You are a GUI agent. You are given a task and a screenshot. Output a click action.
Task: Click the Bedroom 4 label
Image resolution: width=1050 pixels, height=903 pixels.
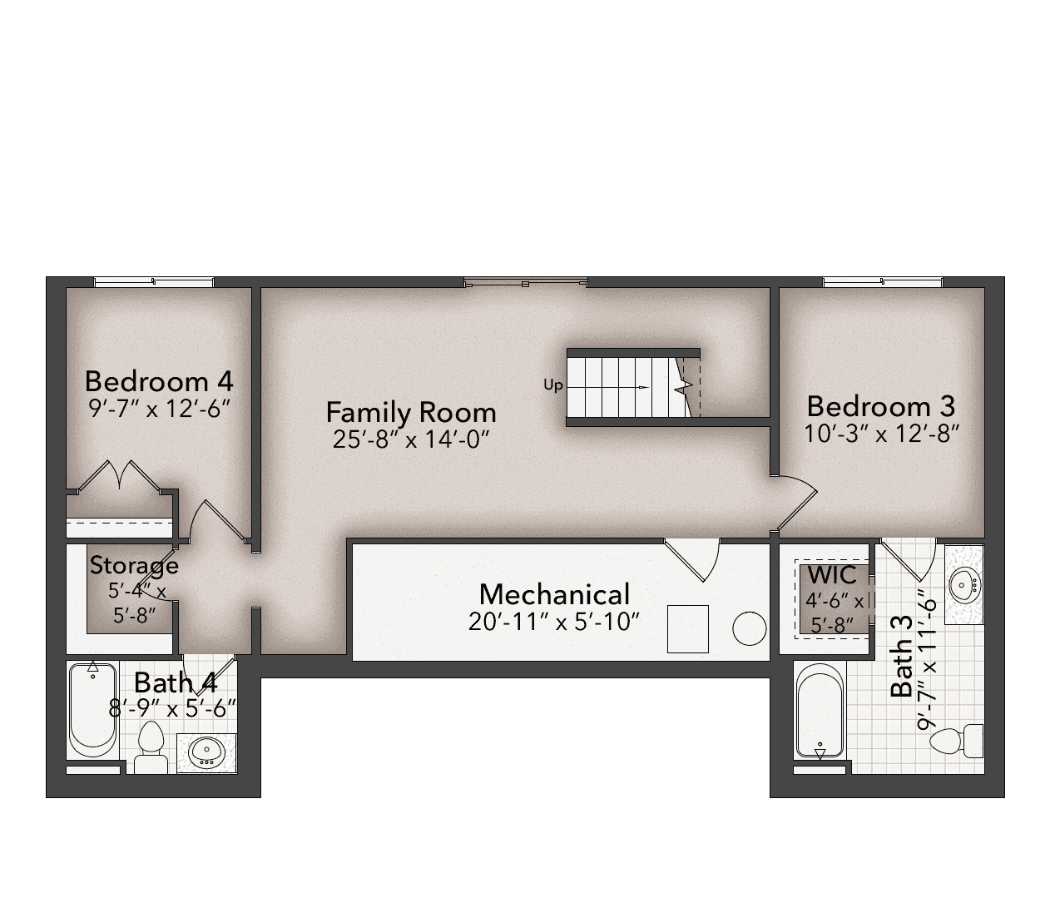[159, 381]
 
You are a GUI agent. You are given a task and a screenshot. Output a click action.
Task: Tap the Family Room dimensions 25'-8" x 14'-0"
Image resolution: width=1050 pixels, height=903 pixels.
[411, 439]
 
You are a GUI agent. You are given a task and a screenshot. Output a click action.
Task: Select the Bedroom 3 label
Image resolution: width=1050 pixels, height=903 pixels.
[881, 406]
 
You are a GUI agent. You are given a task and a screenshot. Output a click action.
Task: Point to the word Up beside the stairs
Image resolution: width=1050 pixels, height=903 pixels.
[553, 385]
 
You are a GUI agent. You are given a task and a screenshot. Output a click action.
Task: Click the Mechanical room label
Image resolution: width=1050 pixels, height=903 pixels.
[555, 594]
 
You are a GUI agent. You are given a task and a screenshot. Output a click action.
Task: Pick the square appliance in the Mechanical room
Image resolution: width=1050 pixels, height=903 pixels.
[688, 628]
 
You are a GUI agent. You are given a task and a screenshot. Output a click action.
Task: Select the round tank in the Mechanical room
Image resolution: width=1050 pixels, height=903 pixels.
[750, 628]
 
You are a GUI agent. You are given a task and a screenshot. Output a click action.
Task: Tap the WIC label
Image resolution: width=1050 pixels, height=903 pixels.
[831, 575]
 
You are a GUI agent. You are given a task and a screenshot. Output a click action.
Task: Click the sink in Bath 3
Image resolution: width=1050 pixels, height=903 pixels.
[964, 584]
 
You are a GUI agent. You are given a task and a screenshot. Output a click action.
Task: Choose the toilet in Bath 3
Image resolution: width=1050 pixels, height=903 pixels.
[957, 741]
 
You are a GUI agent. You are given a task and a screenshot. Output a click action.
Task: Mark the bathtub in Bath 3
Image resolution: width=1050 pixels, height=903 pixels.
[820, 713]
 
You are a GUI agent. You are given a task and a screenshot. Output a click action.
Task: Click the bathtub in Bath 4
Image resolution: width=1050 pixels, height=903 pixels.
[93, 710]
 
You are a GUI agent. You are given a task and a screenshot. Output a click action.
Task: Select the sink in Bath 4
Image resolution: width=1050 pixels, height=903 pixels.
[206, 752]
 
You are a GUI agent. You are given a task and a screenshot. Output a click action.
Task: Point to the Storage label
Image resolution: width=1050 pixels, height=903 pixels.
[134, 566]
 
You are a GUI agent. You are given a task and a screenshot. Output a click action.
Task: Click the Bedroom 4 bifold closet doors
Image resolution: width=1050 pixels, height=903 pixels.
[119, 476]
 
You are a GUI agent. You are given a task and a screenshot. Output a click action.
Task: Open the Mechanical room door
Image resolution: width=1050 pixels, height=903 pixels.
[692, 560]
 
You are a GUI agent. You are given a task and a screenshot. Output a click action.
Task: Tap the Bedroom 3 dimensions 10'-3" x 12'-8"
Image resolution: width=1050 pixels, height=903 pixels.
[881, 434]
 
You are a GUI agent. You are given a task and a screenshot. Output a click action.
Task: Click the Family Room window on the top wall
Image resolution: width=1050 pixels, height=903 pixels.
[526, 282]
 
